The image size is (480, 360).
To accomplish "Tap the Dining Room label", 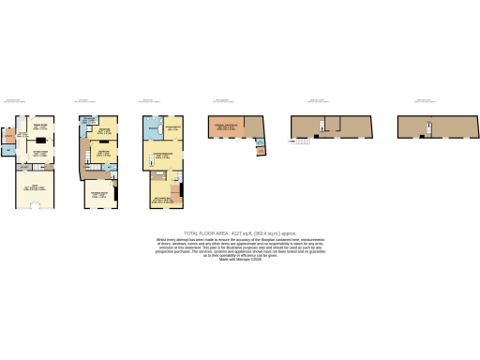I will tap(40, 127).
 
